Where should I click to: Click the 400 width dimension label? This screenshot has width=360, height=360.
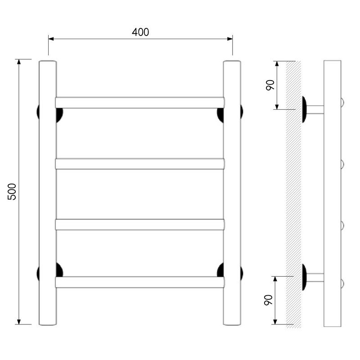click(140, 32)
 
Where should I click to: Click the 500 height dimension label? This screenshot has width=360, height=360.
click(12, 192)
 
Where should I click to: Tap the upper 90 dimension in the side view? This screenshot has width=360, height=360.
click(270, 85)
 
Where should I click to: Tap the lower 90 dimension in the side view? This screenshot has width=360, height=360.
click(268, 300)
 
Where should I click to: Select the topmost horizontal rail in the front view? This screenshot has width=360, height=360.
click(139, 103)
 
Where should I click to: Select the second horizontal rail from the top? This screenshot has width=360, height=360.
click(139, 164)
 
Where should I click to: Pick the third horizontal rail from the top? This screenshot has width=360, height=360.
click(139, 225)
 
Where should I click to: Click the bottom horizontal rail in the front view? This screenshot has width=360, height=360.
click(139, 282)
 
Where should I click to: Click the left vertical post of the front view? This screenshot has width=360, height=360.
click(48, 193)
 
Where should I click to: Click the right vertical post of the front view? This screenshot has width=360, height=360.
click(232, 193)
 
